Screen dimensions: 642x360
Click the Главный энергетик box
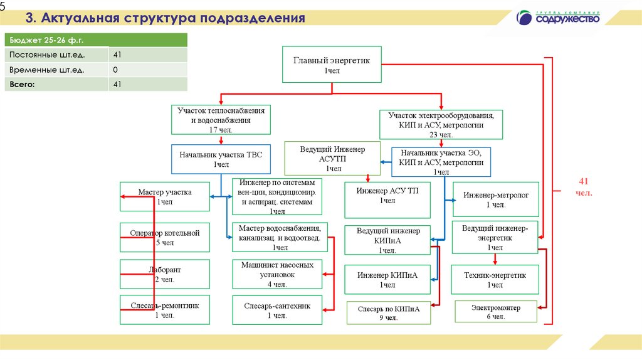(332, 65)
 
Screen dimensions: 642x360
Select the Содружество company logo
(557, 18)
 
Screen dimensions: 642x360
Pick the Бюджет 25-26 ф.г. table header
(96, 40)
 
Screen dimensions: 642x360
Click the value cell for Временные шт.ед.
(148, 70)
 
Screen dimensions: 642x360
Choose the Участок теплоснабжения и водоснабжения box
(221, 120)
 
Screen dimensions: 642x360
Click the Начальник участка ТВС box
(221, 159)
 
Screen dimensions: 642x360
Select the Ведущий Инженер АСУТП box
(332, 159)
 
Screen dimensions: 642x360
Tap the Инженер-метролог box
(496, 199)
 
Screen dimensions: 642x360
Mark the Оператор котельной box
(165, 237)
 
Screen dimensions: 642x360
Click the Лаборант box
(165, 274)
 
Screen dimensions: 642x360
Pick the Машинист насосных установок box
(277, 274)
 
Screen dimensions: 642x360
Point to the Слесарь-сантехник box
(277, 310)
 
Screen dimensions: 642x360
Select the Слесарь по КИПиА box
(389, 313)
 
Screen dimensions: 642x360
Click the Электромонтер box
(496, 312)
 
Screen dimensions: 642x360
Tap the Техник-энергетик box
(495, 280)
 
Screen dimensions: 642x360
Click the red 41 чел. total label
(584, 187)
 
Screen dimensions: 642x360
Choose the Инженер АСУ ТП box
(387, 200)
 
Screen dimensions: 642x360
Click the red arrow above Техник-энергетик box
(495, 259)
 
